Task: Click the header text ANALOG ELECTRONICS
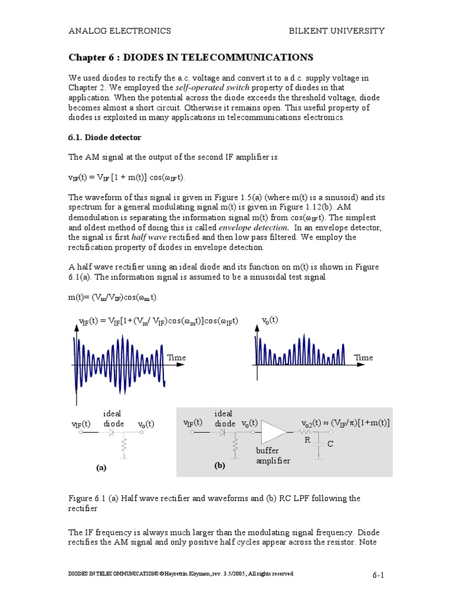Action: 120,31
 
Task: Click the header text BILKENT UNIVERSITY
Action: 336,31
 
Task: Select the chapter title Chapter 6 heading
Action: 191,57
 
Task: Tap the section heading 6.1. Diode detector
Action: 105,137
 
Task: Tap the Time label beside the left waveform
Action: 176,357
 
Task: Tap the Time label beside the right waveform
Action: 363,357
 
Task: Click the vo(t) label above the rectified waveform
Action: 270,320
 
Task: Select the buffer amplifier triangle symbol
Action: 273,433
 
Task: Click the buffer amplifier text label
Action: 273,455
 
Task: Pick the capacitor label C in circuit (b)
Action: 330,443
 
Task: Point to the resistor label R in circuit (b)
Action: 307,440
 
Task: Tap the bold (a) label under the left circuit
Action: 101,468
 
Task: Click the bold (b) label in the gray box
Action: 220,465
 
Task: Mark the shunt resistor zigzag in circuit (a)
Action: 124,447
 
